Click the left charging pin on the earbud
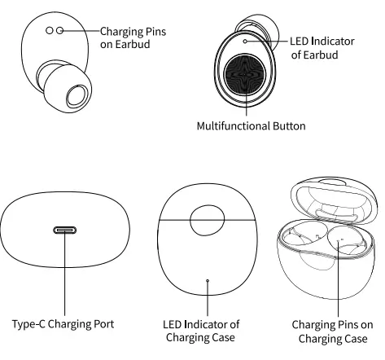coord(49,29)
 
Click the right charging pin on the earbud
coord(60,29)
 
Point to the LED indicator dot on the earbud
coord(244,39)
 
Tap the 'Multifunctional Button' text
coord(252,126)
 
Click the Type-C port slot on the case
coord(65,230)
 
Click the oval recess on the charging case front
coord(208,221)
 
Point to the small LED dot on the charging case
coord(208,279)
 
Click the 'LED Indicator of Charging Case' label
coord(208,332)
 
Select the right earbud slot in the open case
coord(345,244)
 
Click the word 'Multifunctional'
coord(232,126)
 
